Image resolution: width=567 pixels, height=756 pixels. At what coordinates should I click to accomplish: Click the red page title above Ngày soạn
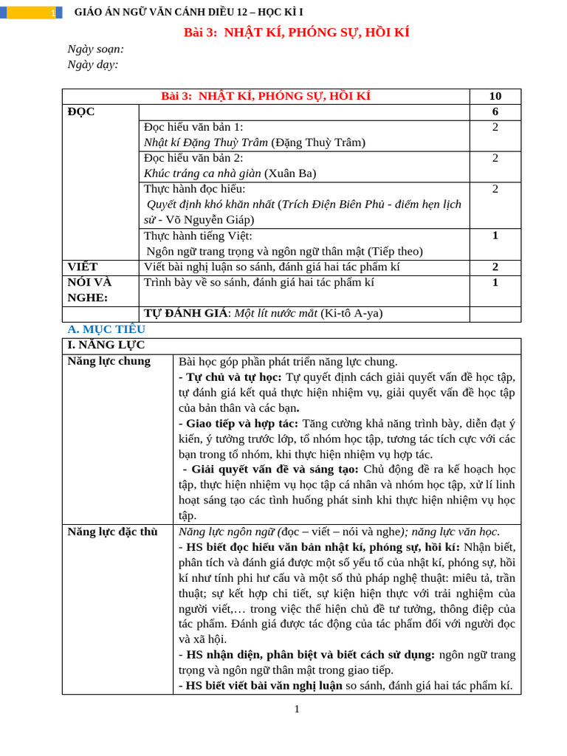296,32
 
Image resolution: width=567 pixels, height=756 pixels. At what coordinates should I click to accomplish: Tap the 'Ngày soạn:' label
95,49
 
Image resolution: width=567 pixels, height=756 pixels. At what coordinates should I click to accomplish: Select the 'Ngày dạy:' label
92,64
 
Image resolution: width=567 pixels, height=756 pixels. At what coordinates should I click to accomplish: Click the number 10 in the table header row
495,96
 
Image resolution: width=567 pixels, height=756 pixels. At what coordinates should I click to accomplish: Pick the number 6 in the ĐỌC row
495,111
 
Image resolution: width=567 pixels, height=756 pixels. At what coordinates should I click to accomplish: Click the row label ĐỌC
81,111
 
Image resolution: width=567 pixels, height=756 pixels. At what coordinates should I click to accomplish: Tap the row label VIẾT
83,267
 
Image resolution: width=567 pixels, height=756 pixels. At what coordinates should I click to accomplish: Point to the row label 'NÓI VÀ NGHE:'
89,289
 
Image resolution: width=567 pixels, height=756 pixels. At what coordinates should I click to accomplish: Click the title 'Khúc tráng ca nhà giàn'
202,173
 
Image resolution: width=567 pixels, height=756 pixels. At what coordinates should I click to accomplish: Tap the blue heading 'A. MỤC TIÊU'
106,329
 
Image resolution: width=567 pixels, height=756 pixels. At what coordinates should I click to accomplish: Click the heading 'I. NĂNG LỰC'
106,345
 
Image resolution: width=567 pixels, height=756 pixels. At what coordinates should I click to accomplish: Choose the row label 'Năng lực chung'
109,361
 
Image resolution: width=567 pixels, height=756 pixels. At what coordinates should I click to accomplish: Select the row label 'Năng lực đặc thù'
112,532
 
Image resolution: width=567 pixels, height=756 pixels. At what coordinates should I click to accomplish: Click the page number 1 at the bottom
297,709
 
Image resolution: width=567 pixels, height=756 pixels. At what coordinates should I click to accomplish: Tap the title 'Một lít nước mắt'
275,313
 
